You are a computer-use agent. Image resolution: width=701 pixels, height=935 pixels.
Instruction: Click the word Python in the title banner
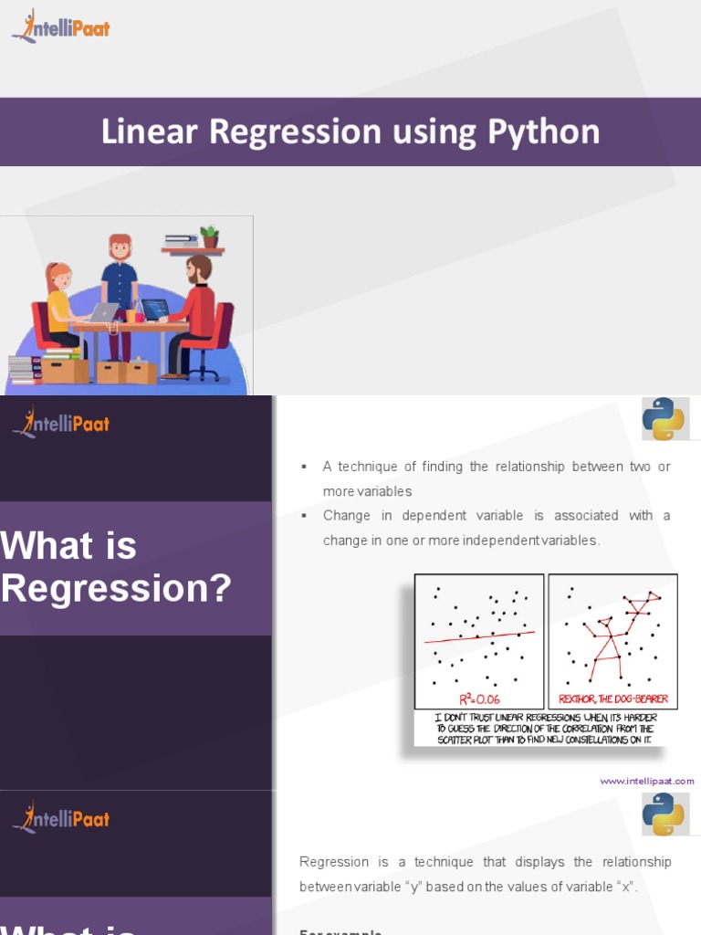[x=543, y=132]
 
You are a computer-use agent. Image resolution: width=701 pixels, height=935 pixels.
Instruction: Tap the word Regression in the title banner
[x=295, y=132]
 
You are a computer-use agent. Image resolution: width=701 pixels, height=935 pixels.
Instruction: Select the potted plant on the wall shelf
[x=210, y=236]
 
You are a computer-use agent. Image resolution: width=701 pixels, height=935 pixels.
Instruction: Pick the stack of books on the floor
[x=25, y=369]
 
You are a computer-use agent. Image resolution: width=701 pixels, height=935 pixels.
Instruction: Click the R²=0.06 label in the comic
[x=480, y=699]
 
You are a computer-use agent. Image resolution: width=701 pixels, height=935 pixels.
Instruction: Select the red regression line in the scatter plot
[x=479, y=636]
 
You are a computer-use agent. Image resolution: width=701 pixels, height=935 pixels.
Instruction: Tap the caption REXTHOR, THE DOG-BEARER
[x=613, y=699]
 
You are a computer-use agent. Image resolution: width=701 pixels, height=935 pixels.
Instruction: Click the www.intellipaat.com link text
[x=647, y=781]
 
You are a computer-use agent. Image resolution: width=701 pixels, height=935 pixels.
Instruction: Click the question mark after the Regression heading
[x=220, y=588]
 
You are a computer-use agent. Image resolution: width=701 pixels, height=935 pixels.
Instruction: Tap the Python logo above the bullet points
[x=664, y=419]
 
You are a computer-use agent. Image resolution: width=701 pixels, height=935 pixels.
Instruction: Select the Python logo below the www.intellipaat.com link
[x=664, y=814]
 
